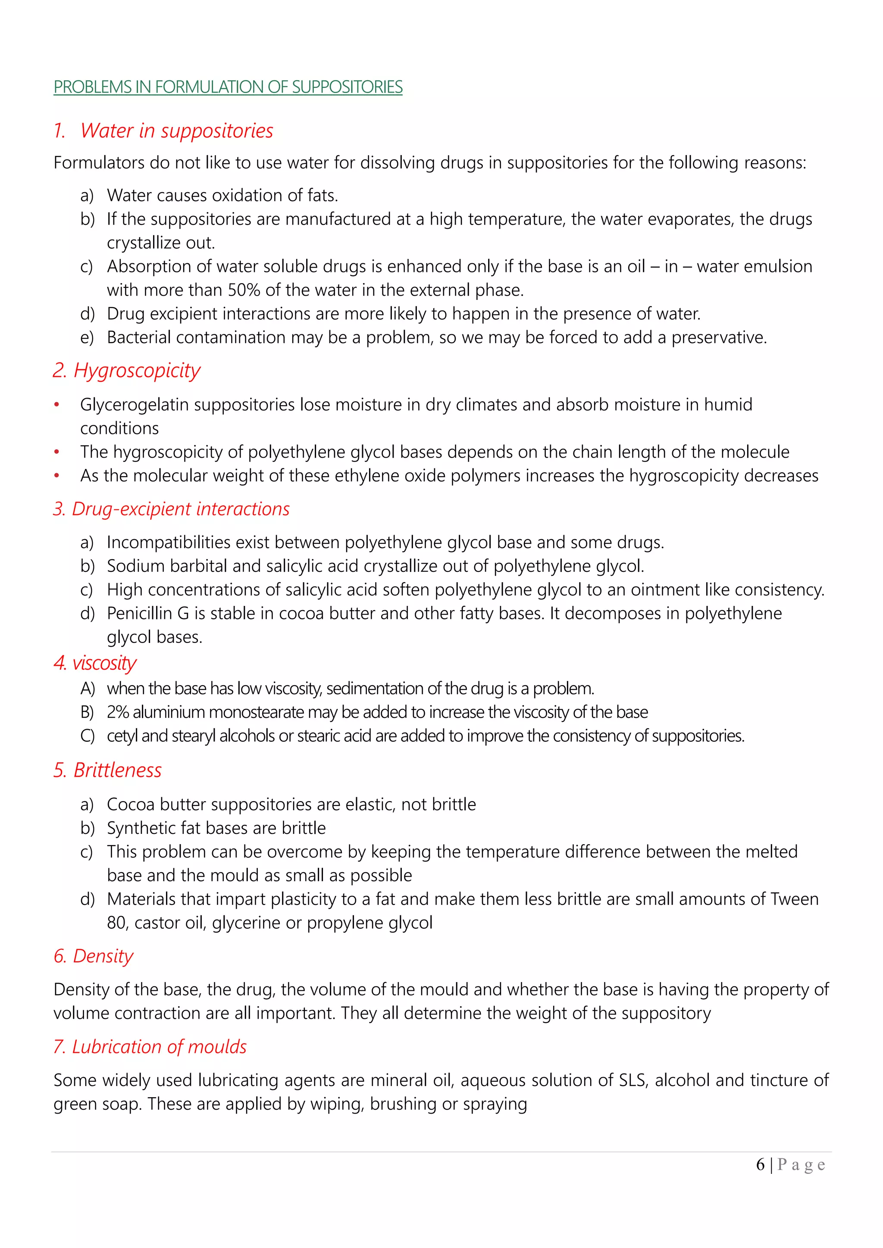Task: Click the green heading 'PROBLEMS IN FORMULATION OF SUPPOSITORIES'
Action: [x=228, y=87]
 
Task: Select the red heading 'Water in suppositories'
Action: [x=176, y=131]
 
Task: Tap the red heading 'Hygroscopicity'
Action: [x=137, y=371]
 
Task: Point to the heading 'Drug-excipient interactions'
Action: [x=181, y=509]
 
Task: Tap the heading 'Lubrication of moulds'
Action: [x=159, y=1047]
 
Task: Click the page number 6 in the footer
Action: [x=760, y=1164]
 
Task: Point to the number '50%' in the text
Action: [x=244, y=290]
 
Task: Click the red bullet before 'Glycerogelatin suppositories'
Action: [x=56, y=405]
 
